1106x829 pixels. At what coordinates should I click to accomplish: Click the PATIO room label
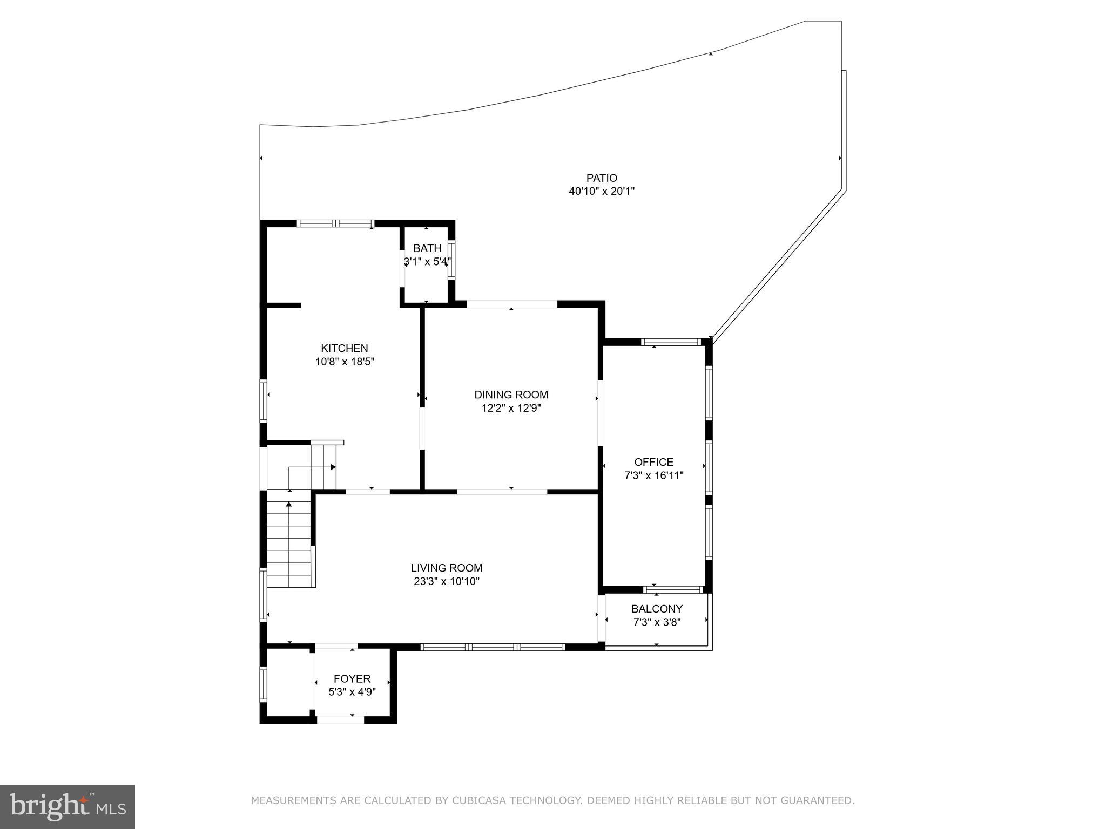coord(602,178)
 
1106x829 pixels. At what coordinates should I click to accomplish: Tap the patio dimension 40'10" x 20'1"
coord(602,191)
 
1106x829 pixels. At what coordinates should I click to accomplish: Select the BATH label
coord(427,248)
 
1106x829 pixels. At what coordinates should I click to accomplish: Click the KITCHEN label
coord(345,348)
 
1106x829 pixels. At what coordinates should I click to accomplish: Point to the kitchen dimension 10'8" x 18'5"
coord(345,362)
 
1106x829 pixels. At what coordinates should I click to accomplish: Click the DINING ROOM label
coord(511,395)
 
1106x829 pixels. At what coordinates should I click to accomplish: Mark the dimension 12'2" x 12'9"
coord(511,409)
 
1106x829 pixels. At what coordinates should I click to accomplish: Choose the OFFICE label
coord(653,462)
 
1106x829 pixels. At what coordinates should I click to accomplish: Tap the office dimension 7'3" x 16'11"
coord(653,475)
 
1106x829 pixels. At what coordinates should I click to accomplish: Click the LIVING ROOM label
coord(446,568)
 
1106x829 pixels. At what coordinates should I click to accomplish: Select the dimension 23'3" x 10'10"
coord(446,581)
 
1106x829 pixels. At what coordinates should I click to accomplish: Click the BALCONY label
coord(657,609)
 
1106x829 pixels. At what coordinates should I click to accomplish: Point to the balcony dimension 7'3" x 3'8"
coord(657,622)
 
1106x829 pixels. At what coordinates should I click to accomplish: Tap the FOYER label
coord(352,678)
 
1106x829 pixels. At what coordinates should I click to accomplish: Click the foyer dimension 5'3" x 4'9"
coord(352,692)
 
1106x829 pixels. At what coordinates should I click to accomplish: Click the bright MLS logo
coord(68,806)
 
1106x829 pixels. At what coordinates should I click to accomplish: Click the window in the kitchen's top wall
coord(335,223)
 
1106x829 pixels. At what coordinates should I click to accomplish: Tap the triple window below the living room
coord(493,647)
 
